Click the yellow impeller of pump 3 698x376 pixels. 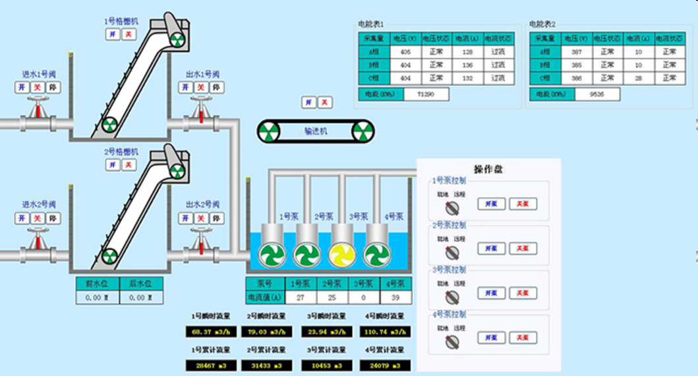click(341, 255)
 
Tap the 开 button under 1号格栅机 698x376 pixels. click(113, 34)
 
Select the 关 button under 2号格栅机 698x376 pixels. click(129, 165)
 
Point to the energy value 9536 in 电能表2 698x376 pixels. click(596, 94)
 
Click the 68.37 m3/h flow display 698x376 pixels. click(211, 331)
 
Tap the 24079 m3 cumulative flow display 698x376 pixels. click(385, 365)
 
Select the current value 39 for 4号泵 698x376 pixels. click(395, 298)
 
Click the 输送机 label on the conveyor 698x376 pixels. click(316, 131)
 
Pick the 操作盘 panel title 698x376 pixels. click(488, 169)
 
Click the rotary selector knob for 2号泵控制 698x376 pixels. click(451, 253)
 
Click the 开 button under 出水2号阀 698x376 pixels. click(185, 218)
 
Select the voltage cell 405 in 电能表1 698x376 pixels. click(406, 51)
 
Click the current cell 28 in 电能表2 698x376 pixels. click(638, 78)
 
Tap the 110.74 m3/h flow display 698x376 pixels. click(385, 331)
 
